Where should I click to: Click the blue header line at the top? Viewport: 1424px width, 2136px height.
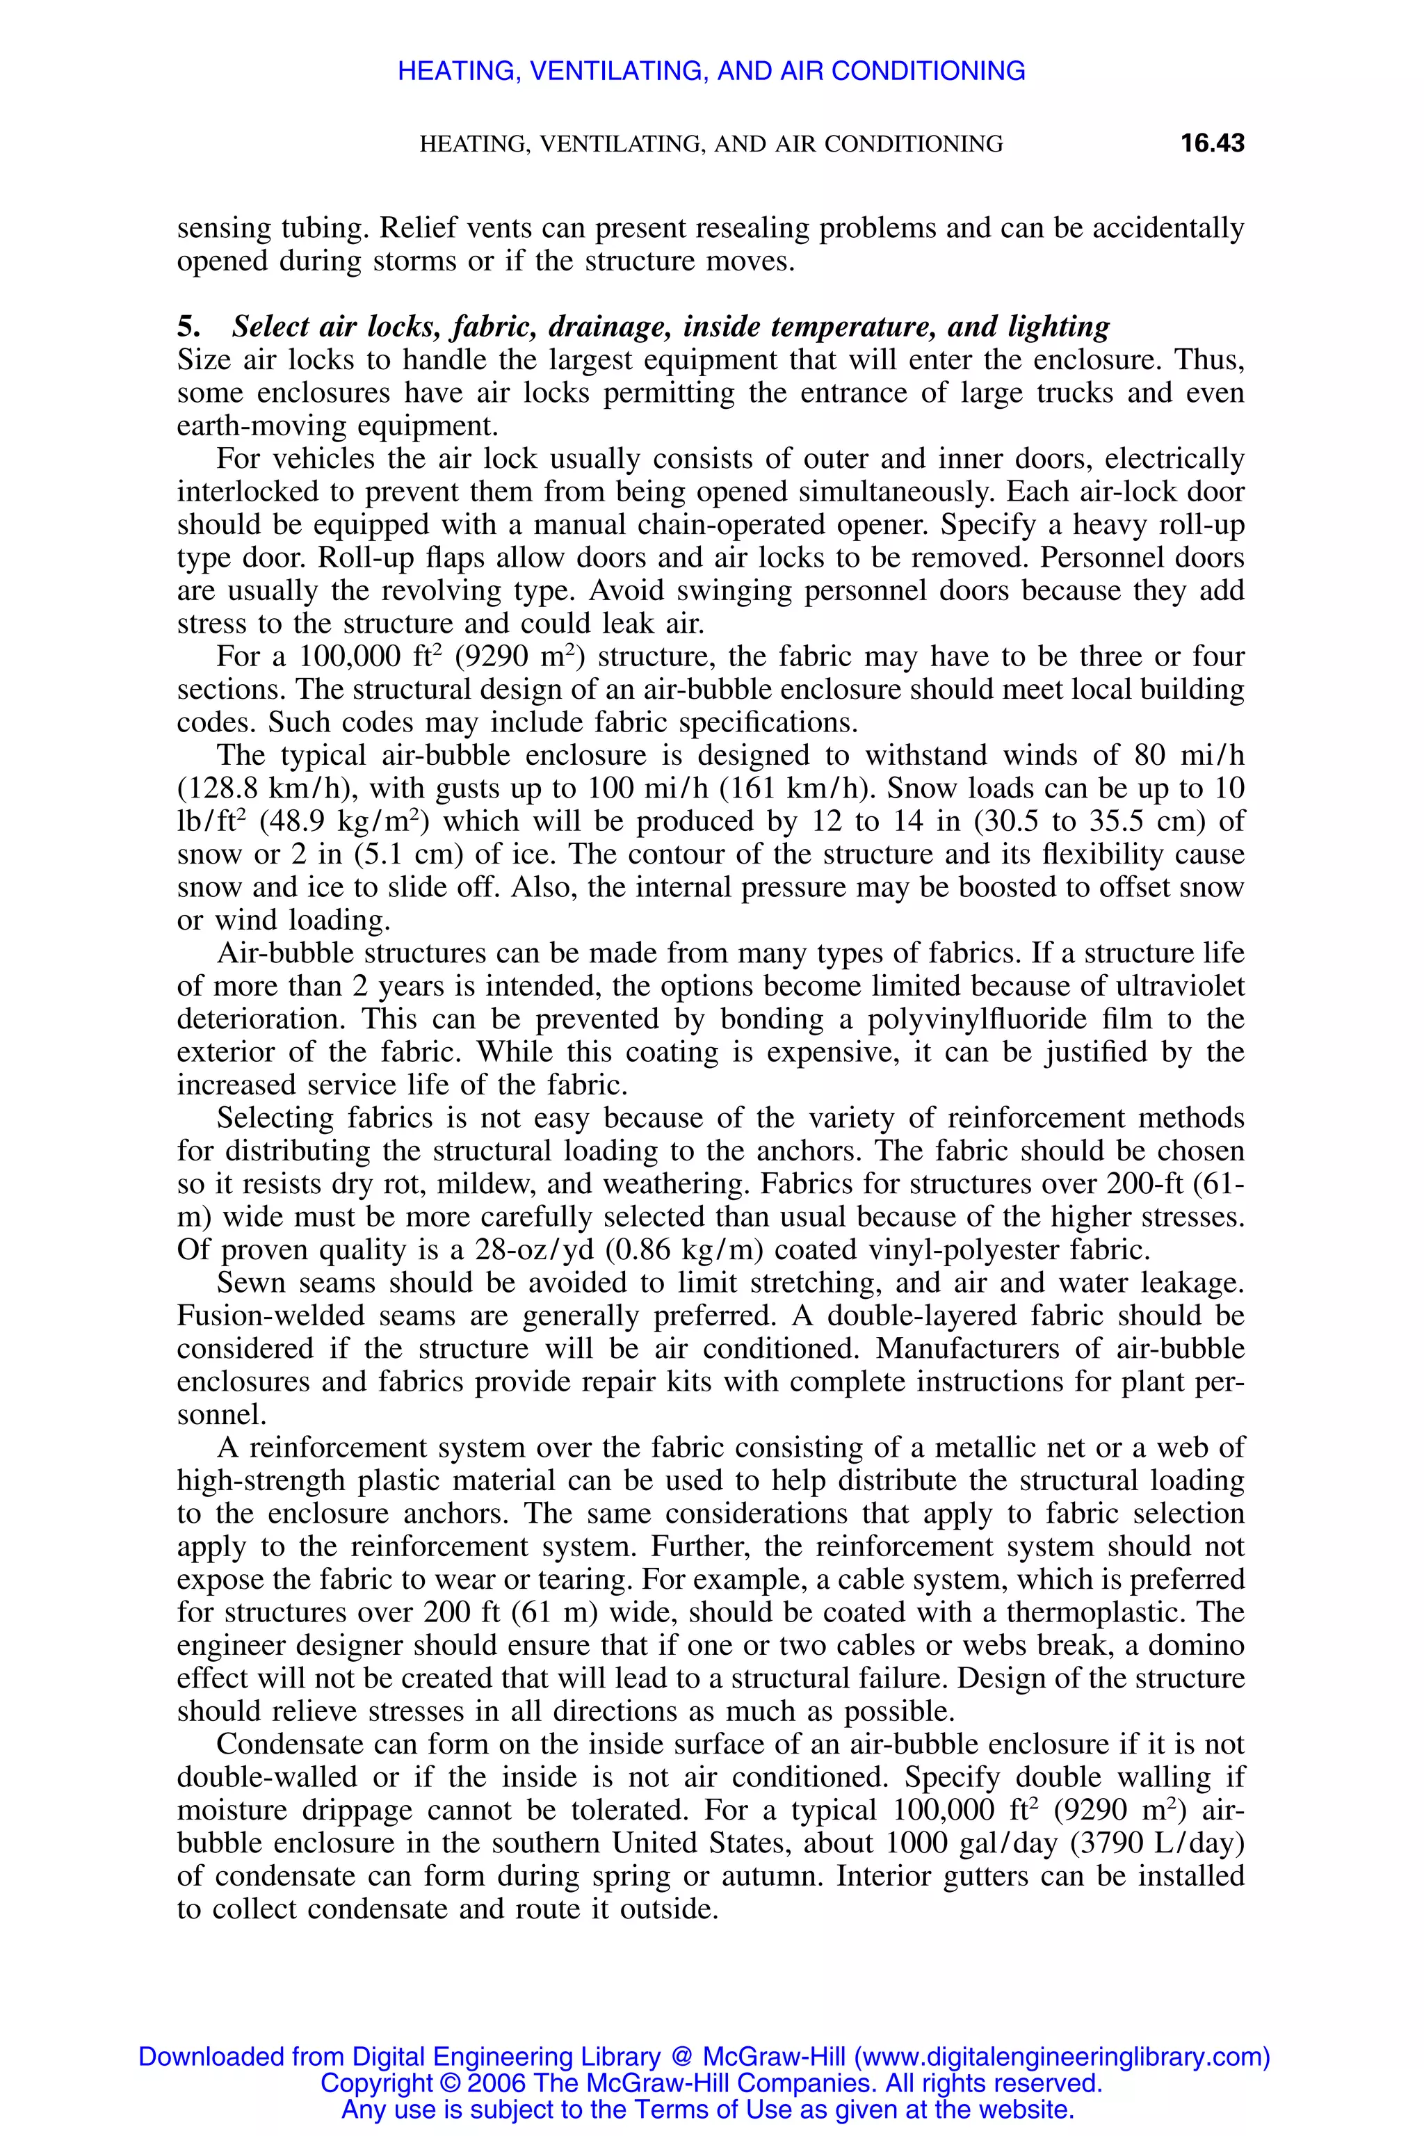click(711, 71)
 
